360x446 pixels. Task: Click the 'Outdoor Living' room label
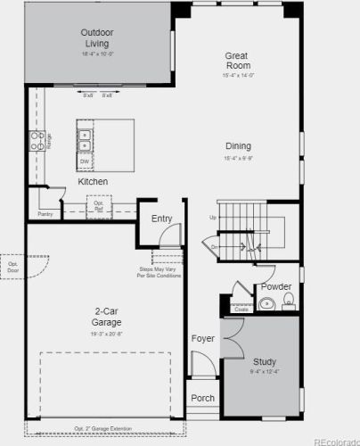pyautogui.click(x=98, y=38)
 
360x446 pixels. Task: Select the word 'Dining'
pyautogui.click(x=238, y=146)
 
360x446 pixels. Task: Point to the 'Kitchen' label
pyautogui.click(x=93, y=182)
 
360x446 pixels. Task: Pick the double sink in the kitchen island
pyautogui.click(x=86, y=140)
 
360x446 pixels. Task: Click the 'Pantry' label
pyautogui.click(x=45, y=214)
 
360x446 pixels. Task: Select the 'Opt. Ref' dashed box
pyautogui.click(x=99, y=206)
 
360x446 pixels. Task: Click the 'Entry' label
pyautogui.click(x=161, y=219)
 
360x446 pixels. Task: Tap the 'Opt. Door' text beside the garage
pyautogui.click(x=13, y=267)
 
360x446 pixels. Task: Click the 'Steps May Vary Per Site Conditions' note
pyautogui.click(x=160, y=272)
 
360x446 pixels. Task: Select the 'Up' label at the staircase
pyautogui.click(x=212, y=219)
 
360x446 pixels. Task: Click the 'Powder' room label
pyautogui.click(x=276, y=286)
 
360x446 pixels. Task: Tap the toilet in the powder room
pyautogui.click(x=288, y=304)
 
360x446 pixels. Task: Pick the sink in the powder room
pyautogui.click(x=266, y=304)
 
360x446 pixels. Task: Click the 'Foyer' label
pyautogui.click(x=202, y=339)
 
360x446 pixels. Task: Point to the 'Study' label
pyautogui.click(x=265, y=362)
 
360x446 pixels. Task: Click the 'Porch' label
pyautogui.click(x=203, y=398)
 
